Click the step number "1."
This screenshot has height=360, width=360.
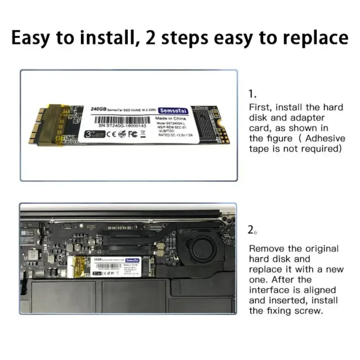coord(253,94)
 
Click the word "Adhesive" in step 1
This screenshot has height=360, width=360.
coord(324,139)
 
